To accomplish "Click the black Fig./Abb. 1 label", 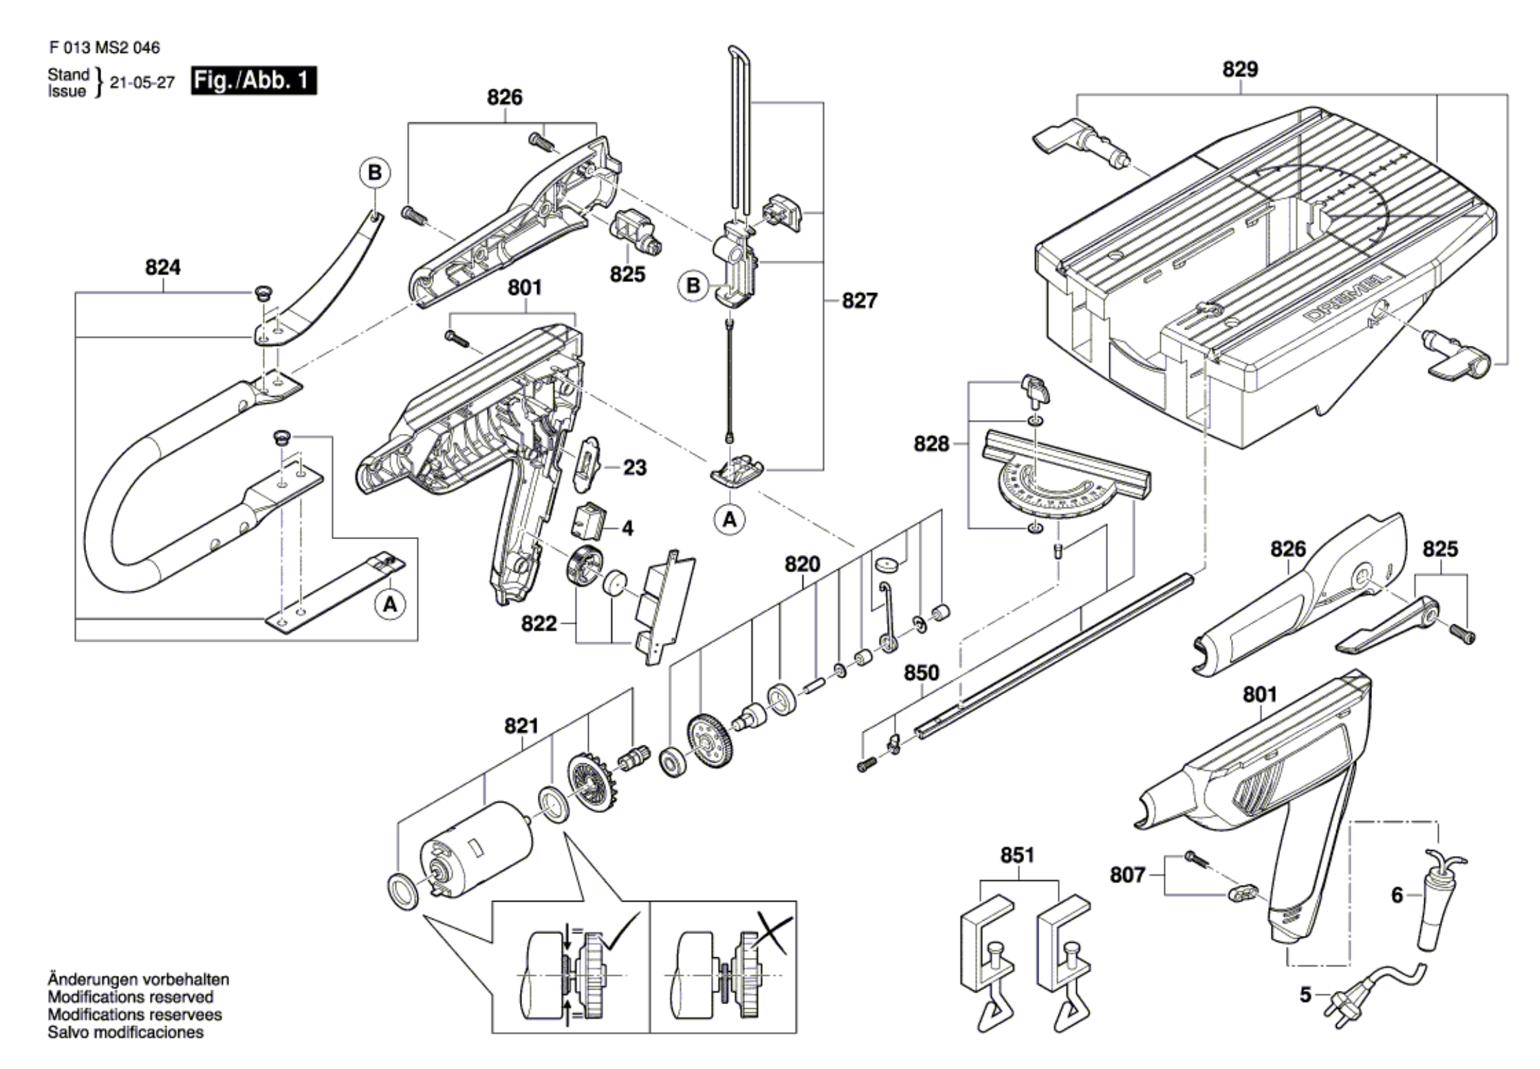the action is click(253, 81).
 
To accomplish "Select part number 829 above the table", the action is click(1240, 69).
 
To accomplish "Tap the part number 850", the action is click(921, 673).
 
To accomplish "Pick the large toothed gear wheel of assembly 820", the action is click(710, 745).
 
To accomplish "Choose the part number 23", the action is click(634, 468).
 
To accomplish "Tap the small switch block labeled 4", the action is click(586, 521).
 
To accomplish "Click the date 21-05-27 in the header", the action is click(142, 83).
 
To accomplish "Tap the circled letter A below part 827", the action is click(730, 519).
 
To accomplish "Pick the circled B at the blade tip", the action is click(374, 173).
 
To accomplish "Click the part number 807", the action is click(1128, 875).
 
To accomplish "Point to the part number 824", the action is click(163, 268).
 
